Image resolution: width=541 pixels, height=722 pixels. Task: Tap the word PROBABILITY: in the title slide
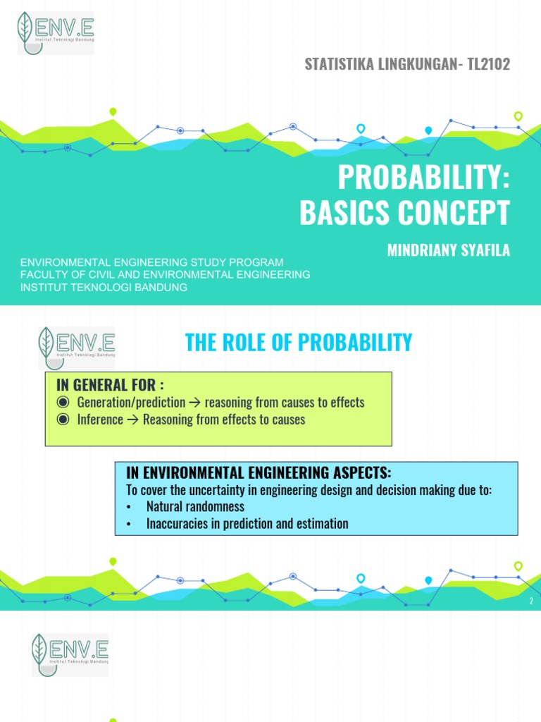[x=423, y=179]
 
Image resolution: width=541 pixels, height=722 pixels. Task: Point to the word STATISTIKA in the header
[x=335, y=64]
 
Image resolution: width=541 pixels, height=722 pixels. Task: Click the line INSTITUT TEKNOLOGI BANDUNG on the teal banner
[x=104, y=288]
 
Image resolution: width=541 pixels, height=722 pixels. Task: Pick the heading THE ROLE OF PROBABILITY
[x=298, y=343]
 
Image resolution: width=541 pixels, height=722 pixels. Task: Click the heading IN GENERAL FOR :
[x=110, y=384]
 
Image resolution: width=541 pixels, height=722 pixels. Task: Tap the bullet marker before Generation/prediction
[x=63, y=403]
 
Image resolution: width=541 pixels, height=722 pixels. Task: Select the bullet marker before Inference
[x=63, y=420]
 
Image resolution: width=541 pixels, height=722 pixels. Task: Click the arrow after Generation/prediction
[x=195, y=403]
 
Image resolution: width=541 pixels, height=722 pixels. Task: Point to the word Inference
[x=99, y=420]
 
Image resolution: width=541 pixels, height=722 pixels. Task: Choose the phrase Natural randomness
[x=195, y=507]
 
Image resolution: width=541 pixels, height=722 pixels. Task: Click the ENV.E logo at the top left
[x=56, y=32]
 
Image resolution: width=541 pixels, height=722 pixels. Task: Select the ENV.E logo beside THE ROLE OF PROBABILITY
[x=76, y=348]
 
